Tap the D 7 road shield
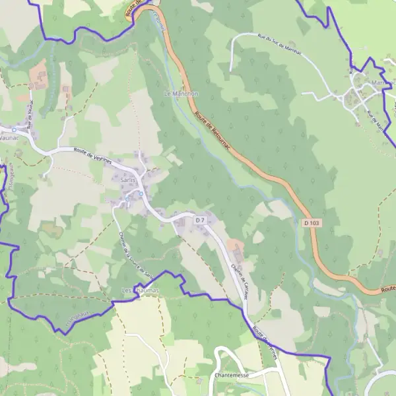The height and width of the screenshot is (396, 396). pos(200,219)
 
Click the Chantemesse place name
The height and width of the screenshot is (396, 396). pos(231,374)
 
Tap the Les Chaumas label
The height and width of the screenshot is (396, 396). pos(140,290)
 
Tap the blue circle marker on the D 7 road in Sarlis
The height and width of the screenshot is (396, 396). pos(140,194)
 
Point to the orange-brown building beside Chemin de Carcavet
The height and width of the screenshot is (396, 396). pos(236,248)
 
